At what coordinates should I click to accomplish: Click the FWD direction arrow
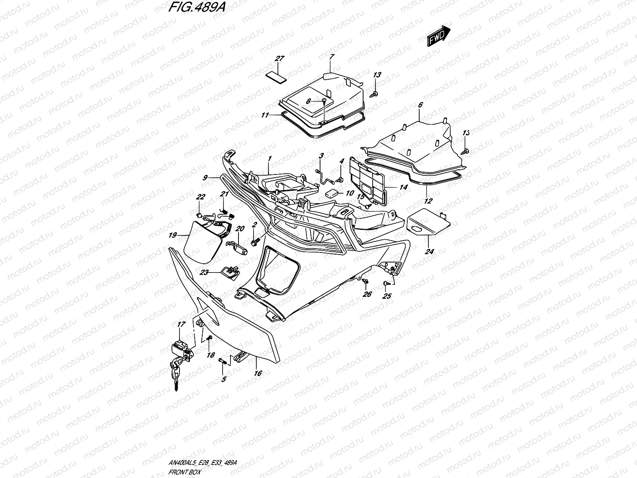pos(438,36)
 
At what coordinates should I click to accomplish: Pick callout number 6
pos(420,105)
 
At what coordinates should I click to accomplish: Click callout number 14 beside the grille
pos(403,187)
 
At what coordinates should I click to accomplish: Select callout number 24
pos(430,251)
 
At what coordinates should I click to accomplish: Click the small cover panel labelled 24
pos(428,223)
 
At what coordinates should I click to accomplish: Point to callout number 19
pos(172,235)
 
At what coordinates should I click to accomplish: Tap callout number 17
pos(181,325)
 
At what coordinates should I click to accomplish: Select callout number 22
pos(200,197)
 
